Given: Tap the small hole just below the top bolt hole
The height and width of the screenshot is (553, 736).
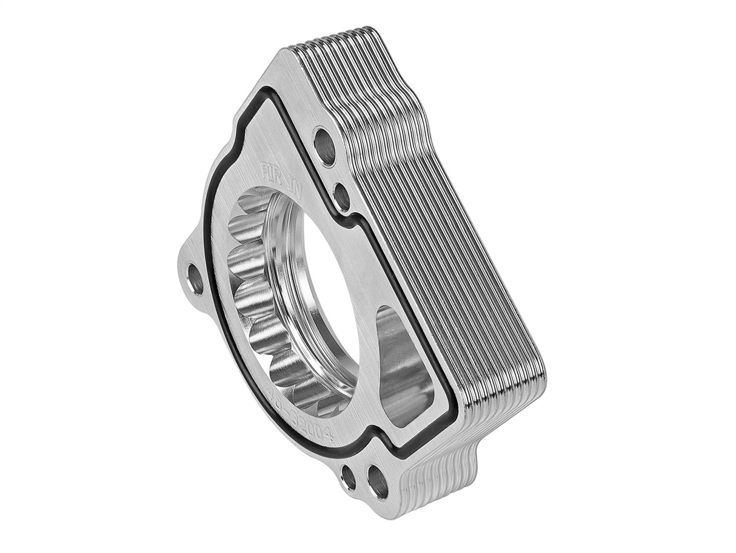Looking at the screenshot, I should tap(341, 197).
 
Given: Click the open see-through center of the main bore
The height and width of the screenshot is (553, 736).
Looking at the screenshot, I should tap(327, 304).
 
